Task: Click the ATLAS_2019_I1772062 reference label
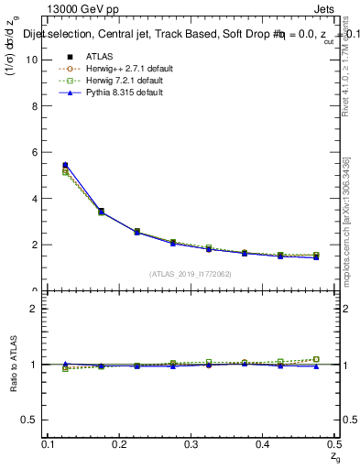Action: coord(191,274)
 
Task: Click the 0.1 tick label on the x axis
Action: coord(49,443)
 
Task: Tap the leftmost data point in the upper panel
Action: coord(64,166)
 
